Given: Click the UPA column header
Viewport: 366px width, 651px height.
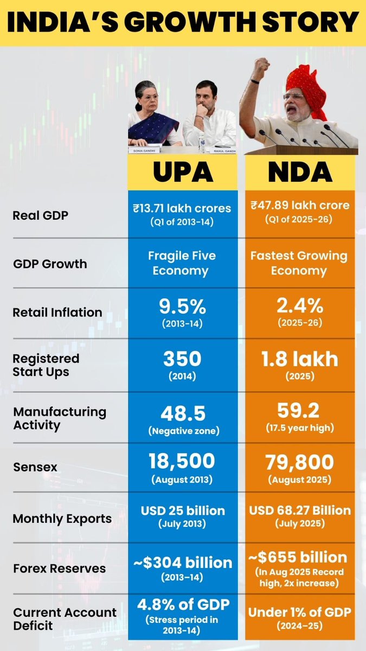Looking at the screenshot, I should [182, 172].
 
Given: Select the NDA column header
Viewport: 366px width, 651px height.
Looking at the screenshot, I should [300, 172].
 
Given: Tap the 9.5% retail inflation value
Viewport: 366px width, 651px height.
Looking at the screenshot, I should [182, 308].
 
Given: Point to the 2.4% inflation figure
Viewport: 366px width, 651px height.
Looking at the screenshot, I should [300, 308].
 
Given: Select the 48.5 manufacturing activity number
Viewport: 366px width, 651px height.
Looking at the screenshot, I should [182, 413].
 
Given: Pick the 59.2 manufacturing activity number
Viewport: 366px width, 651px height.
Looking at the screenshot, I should [300, 413].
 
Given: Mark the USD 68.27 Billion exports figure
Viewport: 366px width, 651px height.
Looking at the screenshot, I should [300, 510].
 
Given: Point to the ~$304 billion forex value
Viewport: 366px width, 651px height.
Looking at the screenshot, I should [182, 562].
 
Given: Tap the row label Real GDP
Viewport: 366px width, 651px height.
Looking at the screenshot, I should [41, 215].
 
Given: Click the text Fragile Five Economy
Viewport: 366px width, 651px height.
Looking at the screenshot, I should [182, 263].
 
